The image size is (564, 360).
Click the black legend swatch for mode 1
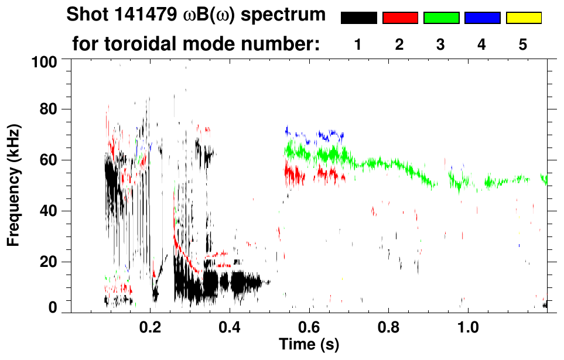[x=358, y=18]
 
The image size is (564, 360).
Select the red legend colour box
[x=400, y=18]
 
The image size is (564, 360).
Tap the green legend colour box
[x=441, y=18]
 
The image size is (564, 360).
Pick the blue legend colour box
[x=482, y=18]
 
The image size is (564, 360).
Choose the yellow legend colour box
[x=523, y=18]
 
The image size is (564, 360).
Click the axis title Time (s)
[x=309, y=344]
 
